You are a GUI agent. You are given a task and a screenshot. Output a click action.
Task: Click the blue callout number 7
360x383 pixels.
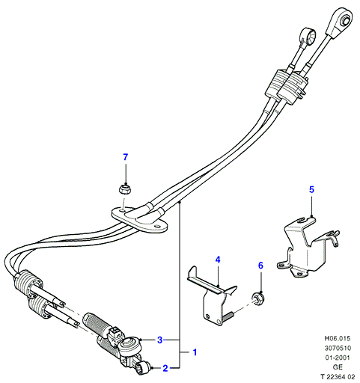pyautogui.click(x=126, y=157)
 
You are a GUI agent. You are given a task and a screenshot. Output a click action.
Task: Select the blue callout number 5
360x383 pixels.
pyautogui.click(x=311, y=189)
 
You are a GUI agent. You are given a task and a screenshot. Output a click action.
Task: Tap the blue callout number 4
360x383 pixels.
pyautogui.click(x=218, y=260)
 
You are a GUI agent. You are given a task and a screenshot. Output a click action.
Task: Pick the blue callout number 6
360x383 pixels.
pyautogui.click(x=260, y=266)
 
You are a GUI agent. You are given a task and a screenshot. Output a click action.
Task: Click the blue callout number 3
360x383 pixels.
pyautogui.click(x=160, y=340)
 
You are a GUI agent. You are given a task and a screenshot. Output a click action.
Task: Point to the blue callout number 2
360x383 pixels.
pyautogui.click(x=165, y=368)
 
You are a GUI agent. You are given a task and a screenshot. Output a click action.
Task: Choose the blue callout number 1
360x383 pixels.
pyautogui.click(x=195, y=352)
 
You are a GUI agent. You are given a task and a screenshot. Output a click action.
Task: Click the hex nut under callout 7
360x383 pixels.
pyautogui.click(x=125, y=189)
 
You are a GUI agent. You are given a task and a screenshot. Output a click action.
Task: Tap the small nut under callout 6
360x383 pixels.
pyautogui.click(x=258, y=299)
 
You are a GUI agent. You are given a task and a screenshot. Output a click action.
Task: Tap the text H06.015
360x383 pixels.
pyautogui.click(x=338, y=338)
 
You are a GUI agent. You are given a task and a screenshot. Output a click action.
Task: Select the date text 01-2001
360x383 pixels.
pyautogui.click(x=338, y=358)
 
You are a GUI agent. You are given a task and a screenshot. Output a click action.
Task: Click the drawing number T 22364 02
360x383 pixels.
pyautogui.click(x=338, y=376)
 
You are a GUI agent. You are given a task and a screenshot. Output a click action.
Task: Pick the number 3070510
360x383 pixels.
pyautogui.click(x=338, y=348)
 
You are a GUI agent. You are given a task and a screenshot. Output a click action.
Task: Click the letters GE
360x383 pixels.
pyautogui.click(x=338, y=367)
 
